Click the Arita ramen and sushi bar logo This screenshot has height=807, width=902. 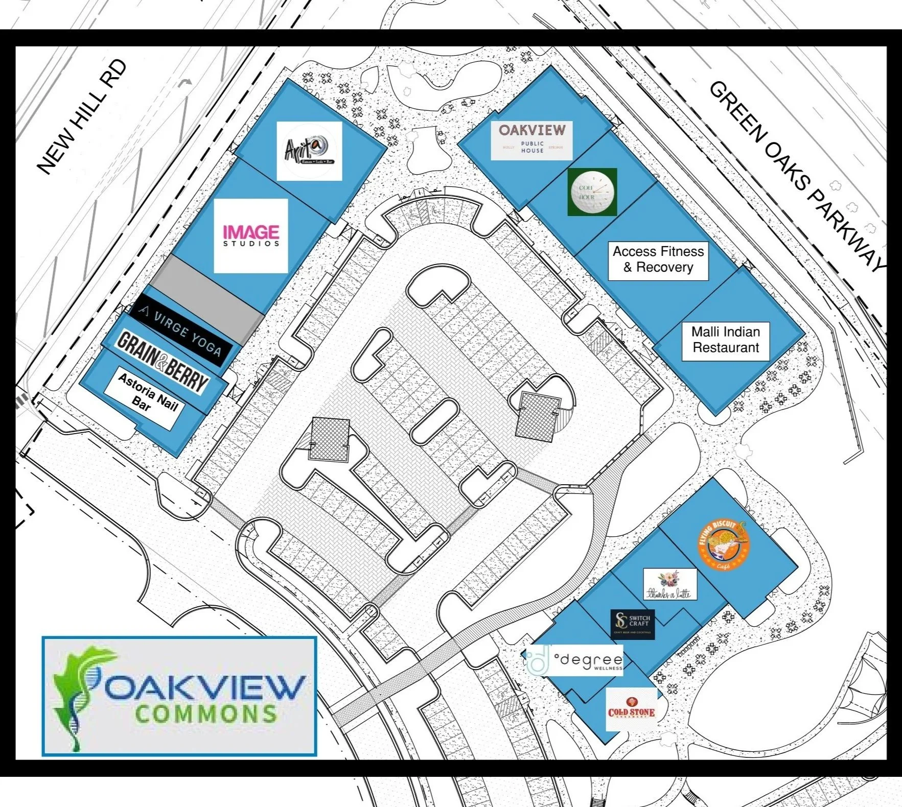pos(309,151)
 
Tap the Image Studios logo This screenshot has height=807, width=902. pos(250,235)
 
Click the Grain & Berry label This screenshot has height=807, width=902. pos(163,361)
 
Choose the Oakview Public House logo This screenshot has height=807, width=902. pos(531,140)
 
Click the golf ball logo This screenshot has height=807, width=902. pos(592,192)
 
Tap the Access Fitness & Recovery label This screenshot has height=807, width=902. pos(658,259)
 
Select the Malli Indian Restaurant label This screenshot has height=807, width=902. pos(726,340)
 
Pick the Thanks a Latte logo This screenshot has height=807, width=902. pos(669,584)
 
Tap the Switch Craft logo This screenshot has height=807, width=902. pos(633,624)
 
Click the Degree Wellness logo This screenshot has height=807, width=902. pos(575,660)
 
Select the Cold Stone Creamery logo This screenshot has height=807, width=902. pos(631,708)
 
